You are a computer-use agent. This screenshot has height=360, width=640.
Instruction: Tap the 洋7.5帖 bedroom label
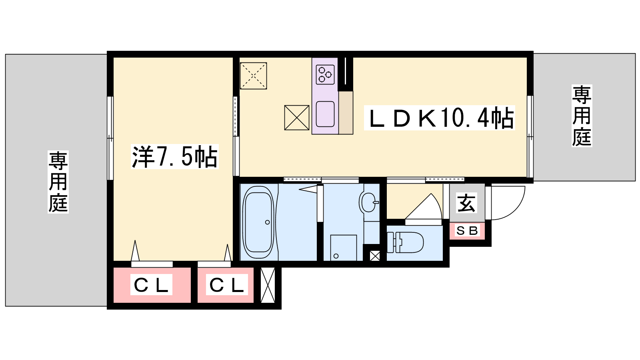175,156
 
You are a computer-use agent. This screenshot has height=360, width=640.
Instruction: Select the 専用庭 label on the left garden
58,182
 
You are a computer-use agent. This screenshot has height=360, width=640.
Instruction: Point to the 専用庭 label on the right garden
582,116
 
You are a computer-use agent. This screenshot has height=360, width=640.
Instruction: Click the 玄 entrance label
466,203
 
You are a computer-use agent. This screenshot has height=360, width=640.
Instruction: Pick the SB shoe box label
467,230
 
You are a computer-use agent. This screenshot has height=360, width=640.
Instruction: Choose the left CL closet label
151,285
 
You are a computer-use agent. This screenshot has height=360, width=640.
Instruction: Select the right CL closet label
227,285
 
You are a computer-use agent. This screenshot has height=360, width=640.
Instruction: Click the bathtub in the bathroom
258,222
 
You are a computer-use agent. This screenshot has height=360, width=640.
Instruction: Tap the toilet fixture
405,242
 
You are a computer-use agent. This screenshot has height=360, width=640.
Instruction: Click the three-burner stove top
325,74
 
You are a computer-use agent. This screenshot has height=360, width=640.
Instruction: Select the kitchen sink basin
325,114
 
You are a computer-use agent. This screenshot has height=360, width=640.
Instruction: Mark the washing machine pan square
344,248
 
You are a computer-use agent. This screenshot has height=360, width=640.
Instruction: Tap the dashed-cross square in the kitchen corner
254,76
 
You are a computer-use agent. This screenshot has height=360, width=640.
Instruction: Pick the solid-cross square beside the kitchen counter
297,118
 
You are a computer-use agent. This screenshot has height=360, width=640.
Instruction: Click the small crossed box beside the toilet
374,256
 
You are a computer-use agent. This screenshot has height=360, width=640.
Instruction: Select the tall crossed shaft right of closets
268,285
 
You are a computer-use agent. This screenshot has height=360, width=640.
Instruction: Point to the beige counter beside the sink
346,112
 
